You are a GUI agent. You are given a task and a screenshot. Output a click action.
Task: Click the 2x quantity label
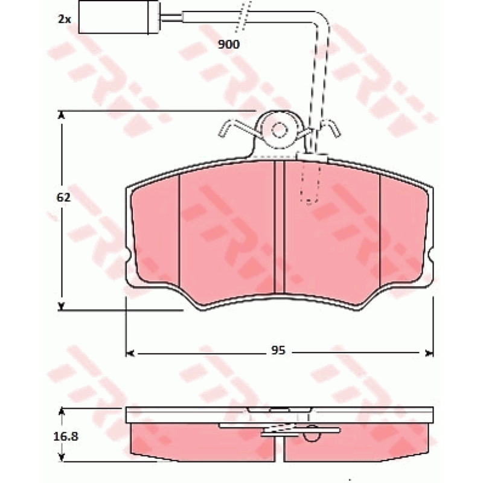pos(65,19)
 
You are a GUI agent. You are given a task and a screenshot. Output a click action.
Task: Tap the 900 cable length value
pos(229,45)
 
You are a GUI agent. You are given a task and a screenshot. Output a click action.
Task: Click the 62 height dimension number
pos(63,197)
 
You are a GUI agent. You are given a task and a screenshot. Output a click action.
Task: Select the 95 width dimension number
pos(278,351)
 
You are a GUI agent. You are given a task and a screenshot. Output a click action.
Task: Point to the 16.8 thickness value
pos(66,437)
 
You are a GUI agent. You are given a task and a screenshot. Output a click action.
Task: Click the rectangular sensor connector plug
pos(119,17)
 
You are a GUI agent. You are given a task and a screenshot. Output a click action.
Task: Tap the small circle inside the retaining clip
pos(280,130)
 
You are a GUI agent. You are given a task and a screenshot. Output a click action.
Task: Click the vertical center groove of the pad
pos(278,227)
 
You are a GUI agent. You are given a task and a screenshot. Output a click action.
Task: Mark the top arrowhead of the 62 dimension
pos(62,115)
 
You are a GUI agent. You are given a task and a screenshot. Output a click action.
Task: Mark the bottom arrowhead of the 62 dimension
pos(62,306)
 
